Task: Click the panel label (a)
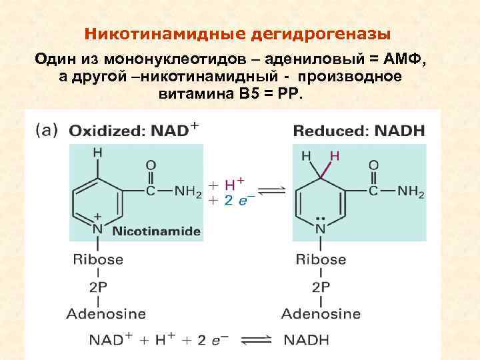pyautogui.click(x=47, y=130)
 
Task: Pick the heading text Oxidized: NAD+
pyautogui.click(x=133, y=129)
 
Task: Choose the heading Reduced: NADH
pyautogui.click(x=359, y=129)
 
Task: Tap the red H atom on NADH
pyautogui.click(x=335, y=156)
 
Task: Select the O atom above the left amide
pyautogui.click(x=151, y=165)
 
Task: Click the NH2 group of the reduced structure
pyautogui.click(x=409, y=192)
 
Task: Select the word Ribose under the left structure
pyautogui.click(x=98, y=259)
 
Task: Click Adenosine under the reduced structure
pyautogui.click(x=321, y=313)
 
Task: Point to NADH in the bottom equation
pyautogui.click(x=307, y=340)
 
